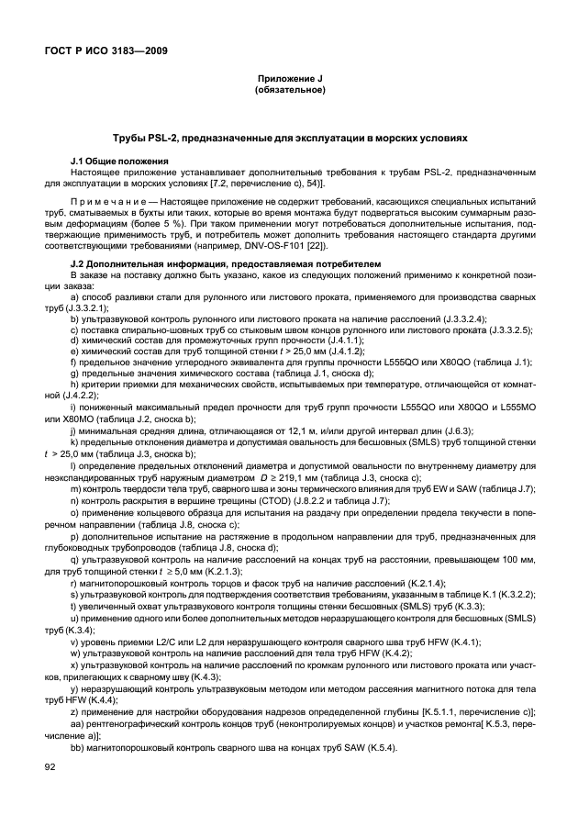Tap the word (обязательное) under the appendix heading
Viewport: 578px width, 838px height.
(x=289, y=91)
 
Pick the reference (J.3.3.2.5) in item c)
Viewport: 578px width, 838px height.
(x=503, y=328)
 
